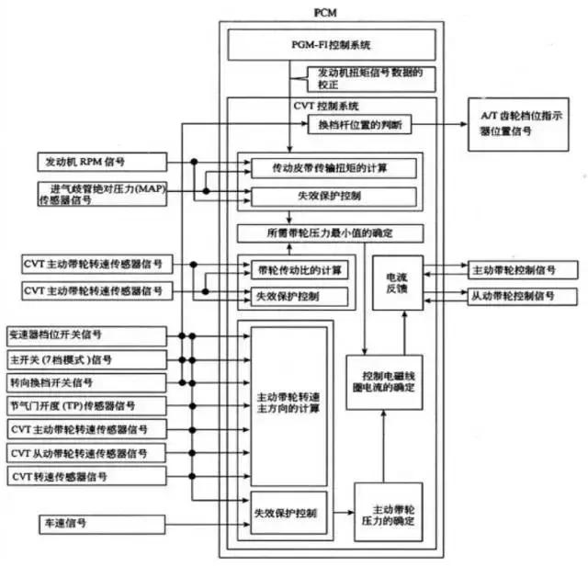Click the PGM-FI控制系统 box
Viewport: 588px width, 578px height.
(x=329, y=43)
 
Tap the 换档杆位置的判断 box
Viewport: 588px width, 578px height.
(x=365, y=123)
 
